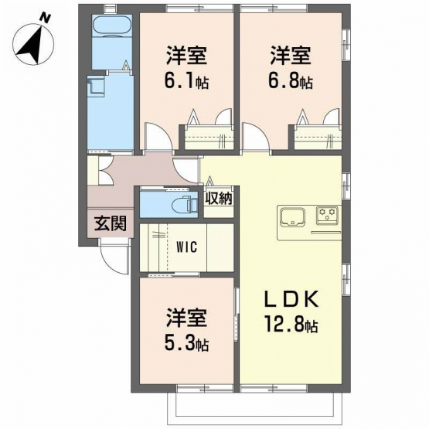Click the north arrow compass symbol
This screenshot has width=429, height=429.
click(33, 44)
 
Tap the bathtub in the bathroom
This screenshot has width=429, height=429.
click(112, 26)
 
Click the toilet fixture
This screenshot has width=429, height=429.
click(186, 204)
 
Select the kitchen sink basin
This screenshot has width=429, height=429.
click(292, 217)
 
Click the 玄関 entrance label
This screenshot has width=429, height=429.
click(111, 223)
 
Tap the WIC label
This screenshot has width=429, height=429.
click(186, 247)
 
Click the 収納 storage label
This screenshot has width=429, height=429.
click(219, 198)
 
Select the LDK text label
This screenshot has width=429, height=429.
click(291, 299)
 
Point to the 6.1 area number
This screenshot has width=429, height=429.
click(180, 80)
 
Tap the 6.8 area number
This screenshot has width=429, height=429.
click(283, 80)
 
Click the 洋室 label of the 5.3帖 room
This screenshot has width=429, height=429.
click(186, 318)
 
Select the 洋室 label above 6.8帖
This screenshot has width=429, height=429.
click(291, 56)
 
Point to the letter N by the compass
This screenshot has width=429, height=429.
click(45, 18)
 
